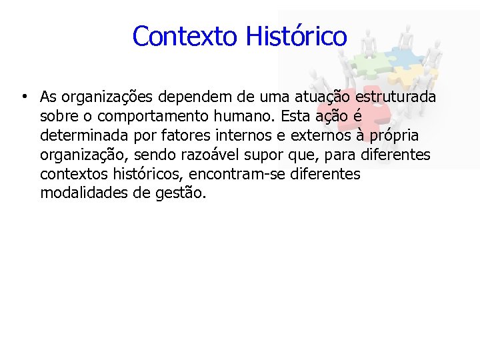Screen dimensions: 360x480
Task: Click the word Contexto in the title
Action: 186,36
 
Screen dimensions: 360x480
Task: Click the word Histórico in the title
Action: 296,36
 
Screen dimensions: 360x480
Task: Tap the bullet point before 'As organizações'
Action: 23,97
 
